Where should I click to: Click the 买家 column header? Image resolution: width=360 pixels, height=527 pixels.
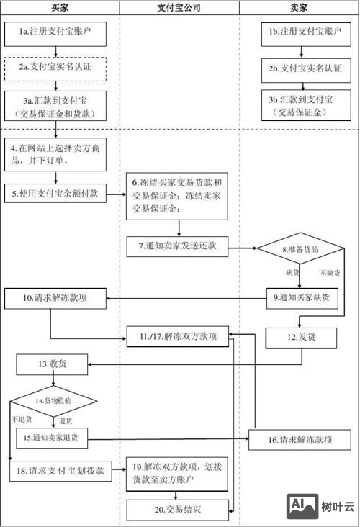coord(60,8)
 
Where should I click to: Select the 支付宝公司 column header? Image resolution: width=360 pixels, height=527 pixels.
coord(179,8)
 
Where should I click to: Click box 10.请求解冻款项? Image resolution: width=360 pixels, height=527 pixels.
coord(56,297)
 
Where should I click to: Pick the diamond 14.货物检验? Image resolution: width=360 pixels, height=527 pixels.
coord(53,400)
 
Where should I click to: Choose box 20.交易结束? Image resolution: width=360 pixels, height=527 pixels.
coord(177,510)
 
